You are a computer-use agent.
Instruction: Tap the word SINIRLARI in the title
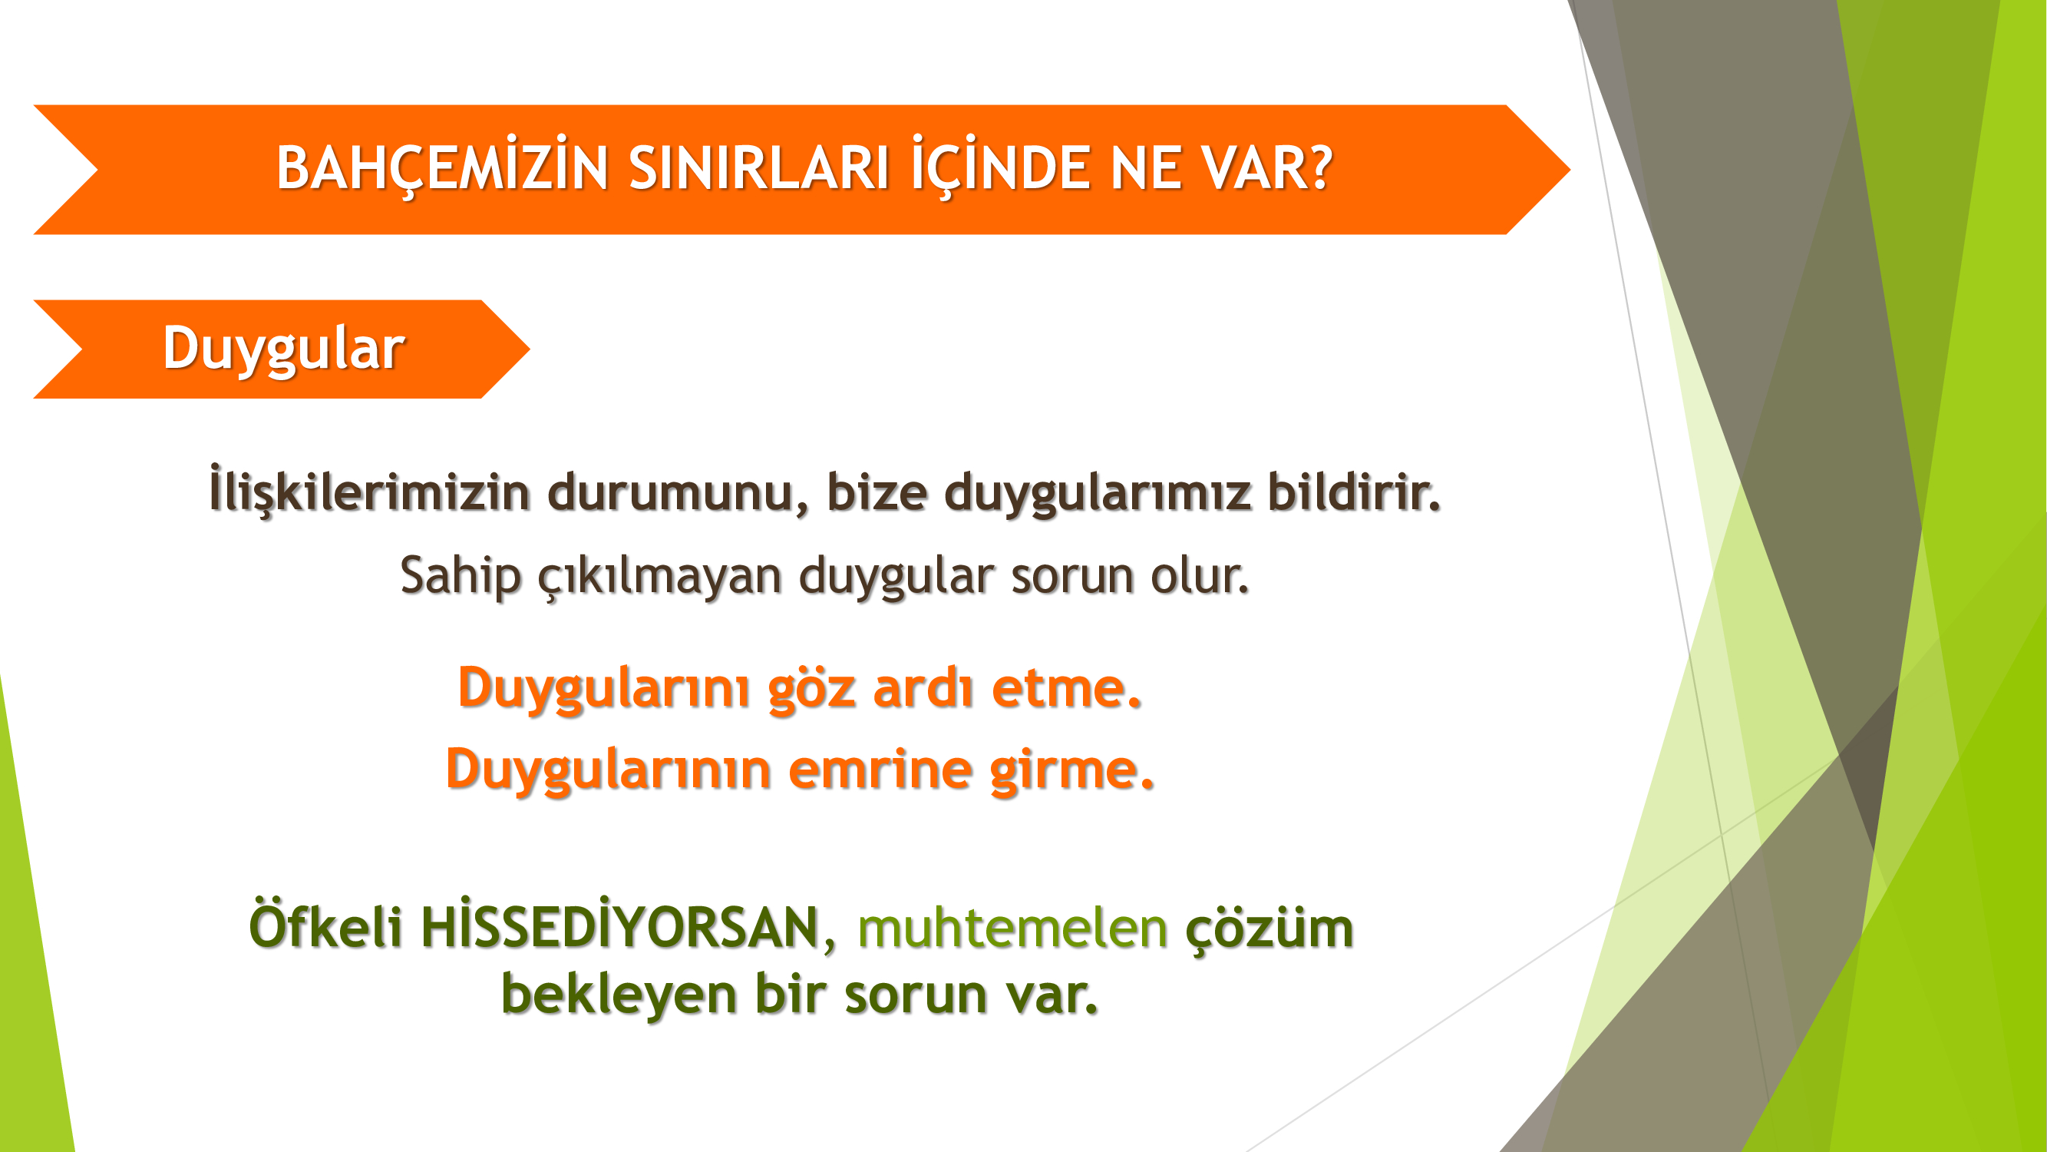pyautogui.click(x=759, y=168)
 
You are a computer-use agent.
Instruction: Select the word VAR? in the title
pyautogui.click(x=1266, y=168)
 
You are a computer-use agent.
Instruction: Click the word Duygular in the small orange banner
pyautogui.click(x=284, y=349)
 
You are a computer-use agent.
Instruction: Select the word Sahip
pyautogui.click(x=460, y=575)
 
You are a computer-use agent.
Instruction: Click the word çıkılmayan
pyautogui.click(x=659, y=575)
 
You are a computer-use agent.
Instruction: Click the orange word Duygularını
pyautogui.click(x=603, y=688)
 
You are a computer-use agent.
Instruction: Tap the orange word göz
pyautogui.click(x=811, y=688)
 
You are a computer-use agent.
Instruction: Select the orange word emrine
pyautogui.click(x=880, y=770)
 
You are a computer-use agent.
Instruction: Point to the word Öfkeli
pyautogui.click(x=325, y=925)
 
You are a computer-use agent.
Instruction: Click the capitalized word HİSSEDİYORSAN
pyautogui.click(x=619, y=925)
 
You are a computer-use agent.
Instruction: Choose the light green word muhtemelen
pyautogui.click(x=1012, y=927)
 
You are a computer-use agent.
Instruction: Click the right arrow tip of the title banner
pyautogui.click(x=1570, y=169)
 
